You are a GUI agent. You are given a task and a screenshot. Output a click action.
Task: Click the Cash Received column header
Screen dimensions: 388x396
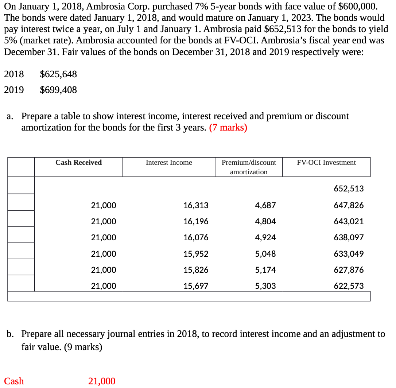click(x=78, y=163)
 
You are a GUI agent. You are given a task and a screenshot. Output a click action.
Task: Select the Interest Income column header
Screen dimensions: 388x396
click(x=169, y=163)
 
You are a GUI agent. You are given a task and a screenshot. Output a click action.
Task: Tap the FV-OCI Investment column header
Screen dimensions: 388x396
click(x=326, y=163)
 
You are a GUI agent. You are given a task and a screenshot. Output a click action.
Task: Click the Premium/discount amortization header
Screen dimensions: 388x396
click(x=249, y=167)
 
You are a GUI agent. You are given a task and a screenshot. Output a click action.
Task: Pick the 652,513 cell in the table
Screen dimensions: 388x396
click(x=349, y=189)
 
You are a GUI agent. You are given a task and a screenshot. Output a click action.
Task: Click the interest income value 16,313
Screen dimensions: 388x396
click(x=196, y=205)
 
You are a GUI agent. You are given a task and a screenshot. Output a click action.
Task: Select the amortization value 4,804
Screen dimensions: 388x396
click(x=265, y=221)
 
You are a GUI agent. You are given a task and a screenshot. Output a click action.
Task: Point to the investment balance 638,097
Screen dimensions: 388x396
click(x=349, y=238)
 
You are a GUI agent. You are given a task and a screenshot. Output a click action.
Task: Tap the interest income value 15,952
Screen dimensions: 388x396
click(x=196, y=254)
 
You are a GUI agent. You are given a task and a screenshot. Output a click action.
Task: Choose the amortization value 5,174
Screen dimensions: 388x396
click(x=265, y=270)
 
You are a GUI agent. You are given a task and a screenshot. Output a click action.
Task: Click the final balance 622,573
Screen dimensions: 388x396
click(x=349, y=286)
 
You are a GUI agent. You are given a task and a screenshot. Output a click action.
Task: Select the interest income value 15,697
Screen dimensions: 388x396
click(x=196, y=286)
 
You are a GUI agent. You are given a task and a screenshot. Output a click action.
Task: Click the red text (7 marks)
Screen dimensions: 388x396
click(x=228, y=128)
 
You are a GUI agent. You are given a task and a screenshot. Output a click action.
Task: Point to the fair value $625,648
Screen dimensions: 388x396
click(x=58, y=74)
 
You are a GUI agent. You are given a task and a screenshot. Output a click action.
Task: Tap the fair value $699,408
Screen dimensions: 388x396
click(x=58, y=90)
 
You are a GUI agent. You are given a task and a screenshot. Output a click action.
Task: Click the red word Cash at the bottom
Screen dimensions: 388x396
click(x=14, y=381)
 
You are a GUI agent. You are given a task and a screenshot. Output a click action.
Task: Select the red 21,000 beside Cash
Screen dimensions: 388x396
click(x=102, y=381)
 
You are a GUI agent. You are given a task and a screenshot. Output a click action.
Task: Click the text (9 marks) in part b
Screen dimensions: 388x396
click(x=83, y=347)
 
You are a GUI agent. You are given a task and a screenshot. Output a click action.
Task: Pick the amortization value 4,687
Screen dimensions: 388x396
click(x=265, y=205)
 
